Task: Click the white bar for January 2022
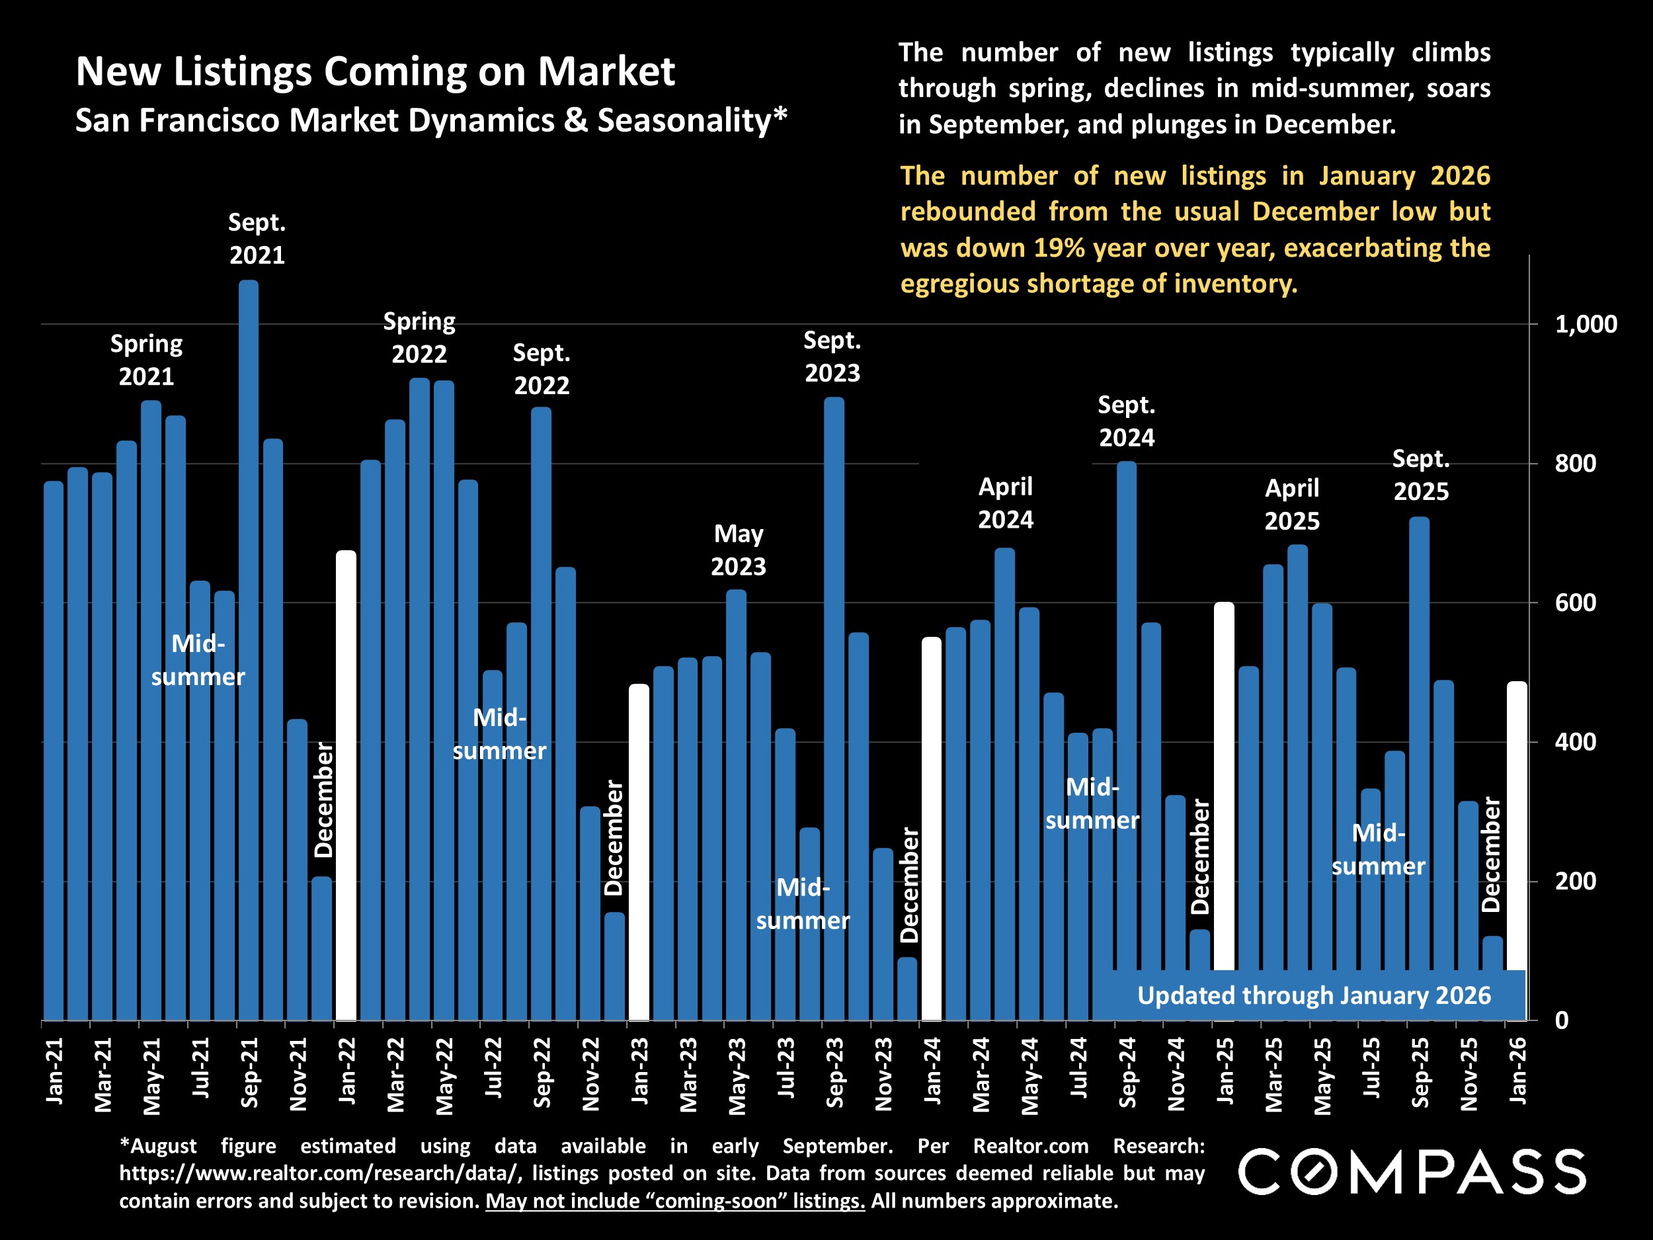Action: click(x=345, y=785)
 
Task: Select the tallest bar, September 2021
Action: click(x=248, y=650)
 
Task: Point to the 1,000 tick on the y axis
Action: click(x=1585, y=325)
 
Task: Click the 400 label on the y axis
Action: click(x=1575, y=742)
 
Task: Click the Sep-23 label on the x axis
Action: click(x=834, y=1073)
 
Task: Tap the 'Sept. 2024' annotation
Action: click(x=1126, y=421)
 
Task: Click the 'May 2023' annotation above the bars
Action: click(x=739, y=550)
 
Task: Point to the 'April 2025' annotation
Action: click(x=1291, y=505)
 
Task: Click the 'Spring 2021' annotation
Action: click(x=147, y=360)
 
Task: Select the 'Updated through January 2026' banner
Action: click(x=1313, y=995)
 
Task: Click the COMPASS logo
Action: click(x=1412, y=1172)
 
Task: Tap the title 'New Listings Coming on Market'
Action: click(x=375, y=71)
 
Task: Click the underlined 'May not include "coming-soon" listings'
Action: click(x=675, y=1201)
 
